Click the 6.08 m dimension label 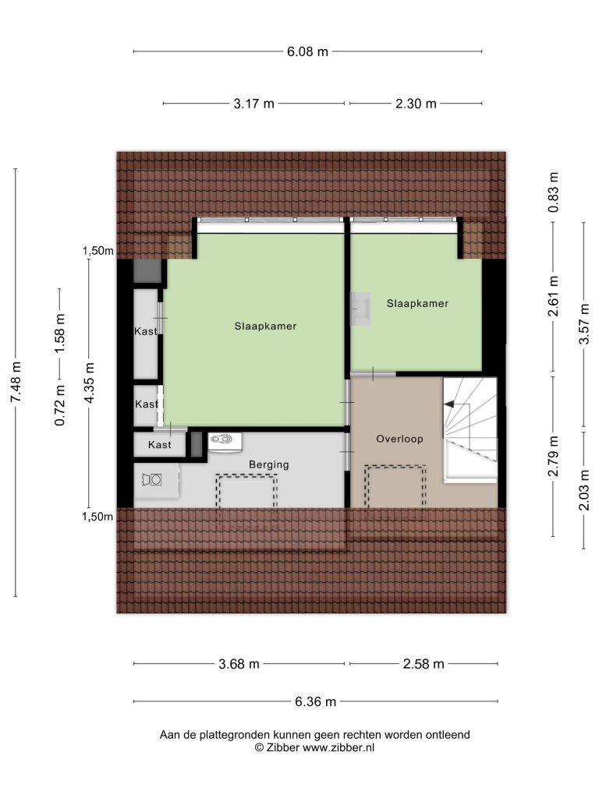[307, 51]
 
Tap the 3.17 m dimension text [253, 104]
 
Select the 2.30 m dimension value [416, 104]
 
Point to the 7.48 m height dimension [16, 382]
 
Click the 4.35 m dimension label [89, 383]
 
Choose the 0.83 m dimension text [553, 192]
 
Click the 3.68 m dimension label [239, 664]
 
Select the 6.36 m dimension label [315, 702]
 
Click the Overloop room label [399, 439]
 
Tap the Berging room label [268, 464]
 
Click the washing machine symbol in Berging [152, 480]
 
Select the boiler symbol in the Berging [225, 441]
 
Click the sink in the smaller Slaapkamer [362, 309]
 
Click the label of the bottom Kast [159, 445]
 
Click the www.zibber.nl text [338, 747]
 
